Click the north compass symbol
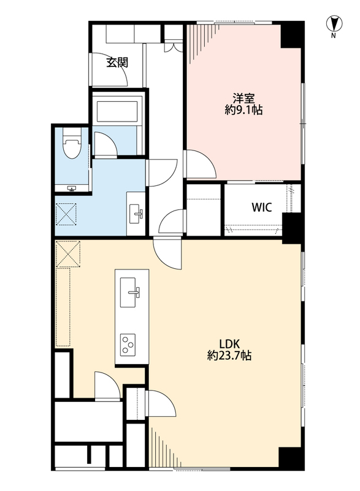tap(334, 25)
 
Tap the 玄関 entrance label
tap(117, 63)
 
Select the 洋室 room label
tap(243, 99)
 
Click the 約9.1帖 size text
tap(243, 110)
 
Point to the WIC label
tap(261, 207)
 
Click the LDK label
tap(229, 344)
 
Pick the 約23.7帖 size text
tap(229, 355)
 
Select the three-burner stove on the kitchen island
tap(128, 344)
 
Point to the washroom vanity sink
tap(136, 214)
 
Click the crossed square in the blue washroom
tap(67, 214)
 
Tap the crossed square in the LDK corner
tap(68, 254)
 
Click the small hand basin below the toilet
tap(72, 188)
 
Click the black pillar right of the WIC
tap(292, 227)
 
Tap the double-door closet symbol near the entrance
tap(173, 47)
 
